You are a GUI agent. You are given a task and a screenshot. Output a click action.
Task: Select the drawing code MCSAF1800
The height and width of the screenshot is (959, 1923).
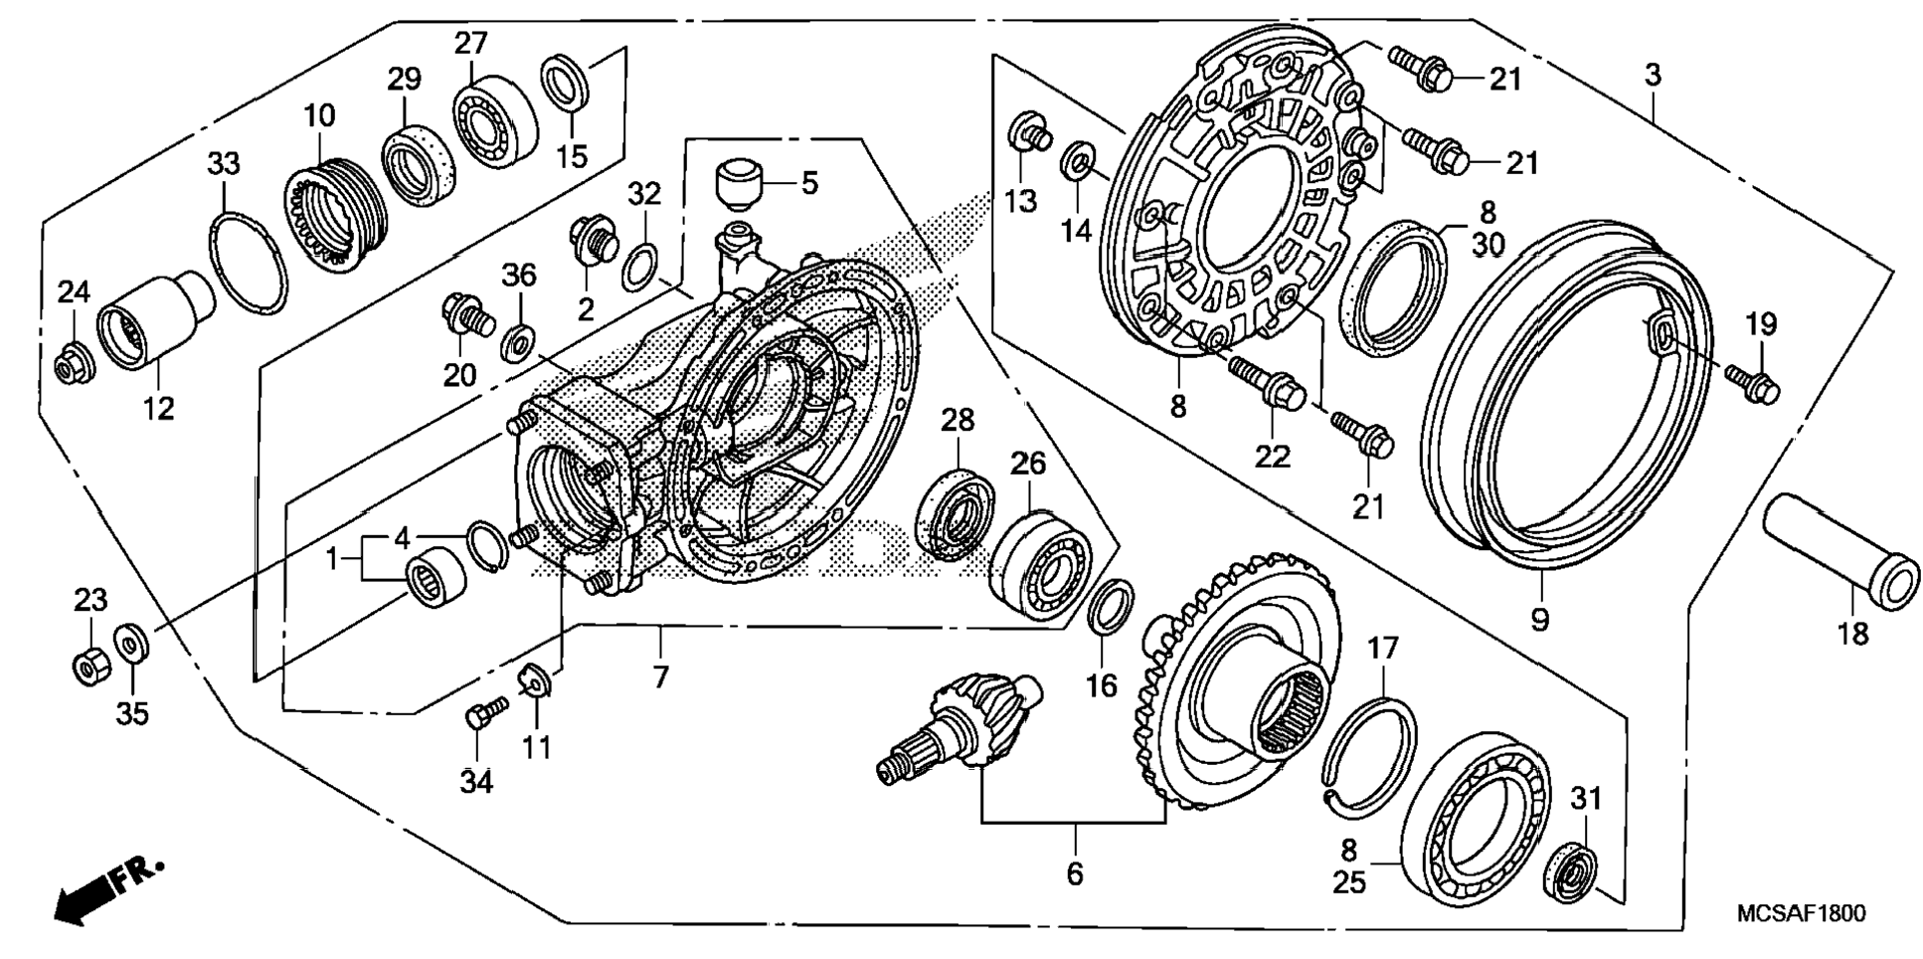coord(1801,914)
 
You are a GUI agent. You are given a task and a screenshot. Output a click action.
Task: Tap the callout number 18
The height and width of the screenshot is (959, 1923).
coord(1852,634)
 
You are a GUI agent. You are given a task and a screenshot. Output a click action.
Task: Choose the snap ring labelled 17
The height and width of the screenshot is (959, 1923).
coord(1370,749)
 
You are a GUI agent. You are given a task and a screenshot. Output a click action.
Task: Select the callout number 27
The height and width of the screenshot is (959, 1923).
coord(471,44)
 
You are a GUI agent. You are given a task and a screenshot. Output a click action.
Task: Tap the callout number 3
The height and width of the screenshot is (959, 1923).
coord(1652,75)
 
